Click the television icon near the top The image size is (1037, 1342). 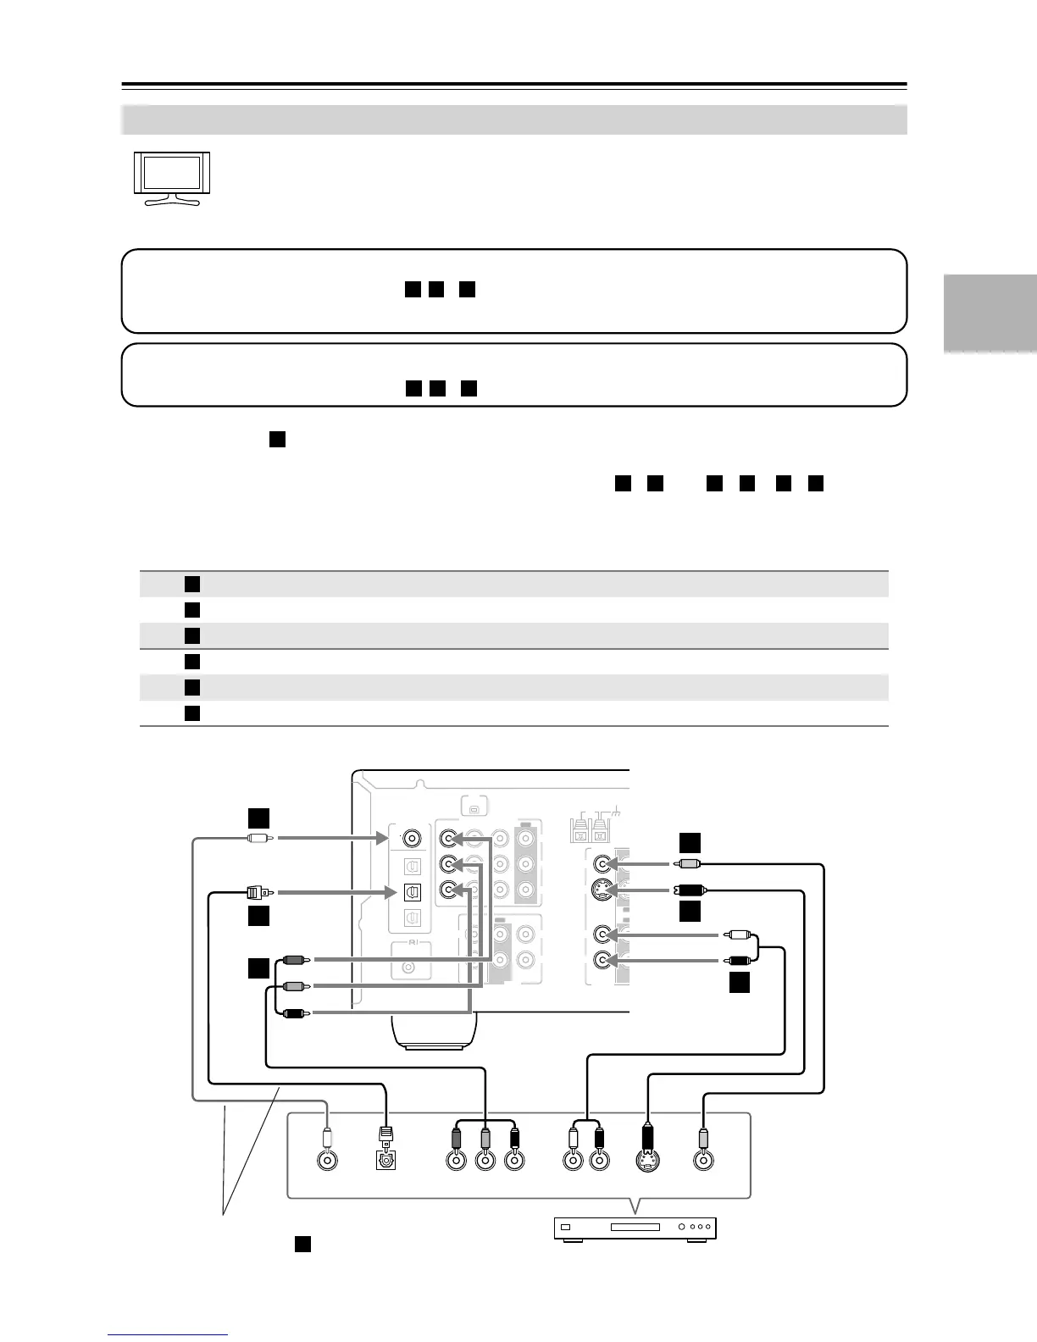click(x=171, y=180)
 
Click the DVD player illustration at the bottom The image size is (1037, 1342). click(x=635, y=1228)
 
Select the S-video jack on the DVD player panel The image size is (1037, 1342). click(x=648, y=1161)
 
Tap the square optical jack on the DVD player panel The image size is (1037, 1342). click(x=385, y=1161)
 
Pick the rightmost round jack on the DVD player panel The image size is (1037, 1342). click(x=703, y=1161)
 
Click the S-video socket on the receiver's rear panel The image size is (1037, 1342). click(x=602, y=297)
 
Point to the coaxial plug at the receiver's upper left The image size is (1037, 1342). click(x=258, y=839)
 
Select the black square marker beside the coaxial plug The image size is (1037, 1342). click(x=258, y=817)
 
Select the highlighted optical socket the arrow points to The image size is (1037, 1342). click(x=412, y=299)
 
